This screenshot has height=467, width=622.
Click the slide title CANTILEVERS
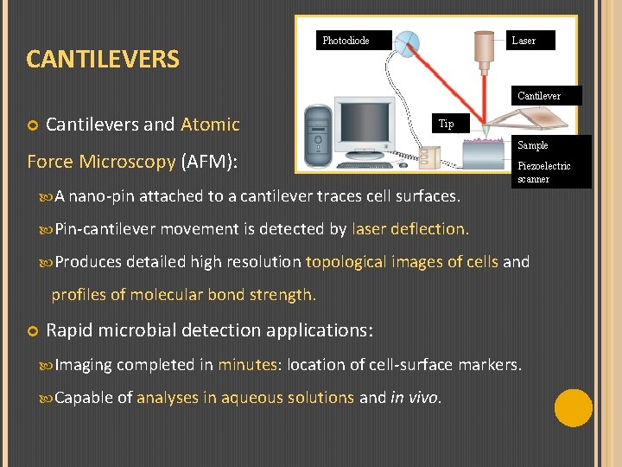(x=103, y=59)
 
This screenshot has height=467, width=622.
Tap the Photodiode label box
(x=346, y=41)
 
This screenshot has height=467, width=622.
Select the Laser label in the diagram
(x=524, y=41)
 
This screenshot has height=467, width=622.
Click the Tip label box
(x=446, y=124)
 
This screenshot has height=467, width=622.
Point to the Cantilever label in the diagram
(x=539, y=96)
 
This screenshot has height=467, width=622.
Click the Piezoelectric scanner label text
(x=543, y=172)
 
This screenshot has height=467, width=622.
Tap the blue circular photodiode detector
(x=411, y=42)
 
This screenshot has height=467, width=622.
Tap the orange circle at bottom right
(x=573, y=408)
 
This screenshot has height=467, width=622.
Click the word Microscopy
(x=127, y=162)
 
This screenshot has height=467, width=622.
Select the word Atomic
(x=210, y=125)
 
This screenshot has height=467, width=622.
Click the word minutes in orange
(x=246, y=365)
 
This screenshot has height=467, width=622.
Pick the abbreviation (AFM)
(x=207, y=162)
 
